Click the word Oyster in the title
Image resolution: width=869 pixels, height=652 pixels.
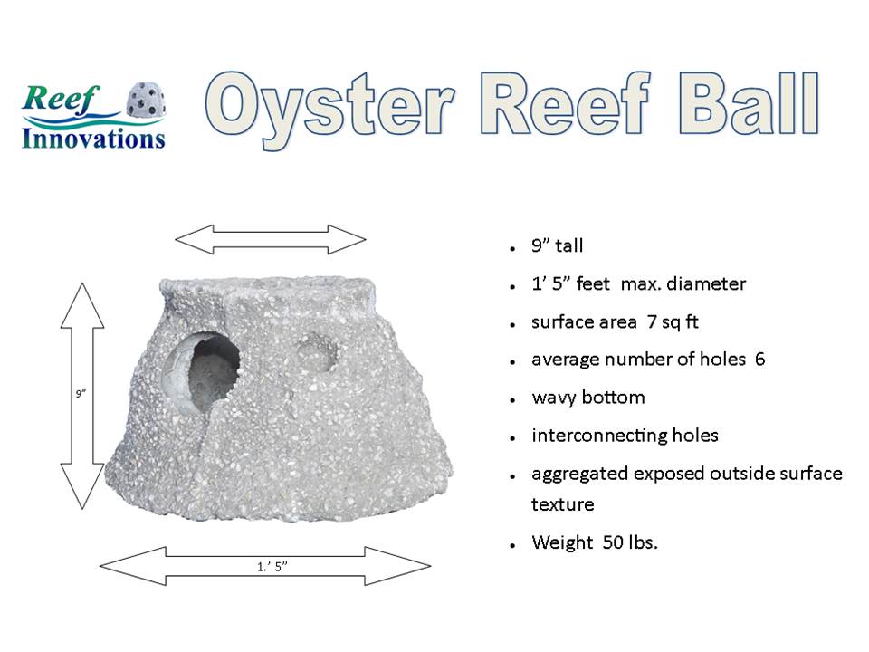point(330,109)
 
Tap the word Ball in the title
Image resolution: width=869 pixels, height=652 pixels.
point(750,104)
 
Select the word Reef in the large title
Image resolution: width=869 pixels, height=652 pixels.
point(565,103)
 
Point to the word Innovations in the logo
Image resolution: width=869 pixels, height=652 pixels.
point(93,139)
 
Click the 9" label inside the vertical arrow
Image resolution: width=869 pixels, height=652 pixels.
point(81,394)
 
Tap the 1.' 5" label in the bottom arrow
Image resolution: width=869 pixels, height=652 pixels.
point(272,567)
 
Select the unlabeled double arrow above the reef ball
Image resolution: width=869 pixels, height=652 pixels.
point(271,239)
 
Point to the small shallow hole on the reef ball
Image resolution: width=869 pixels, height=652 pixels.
point(317,352)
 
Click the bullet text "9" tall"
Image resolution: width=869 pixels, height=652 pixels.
point(557,245)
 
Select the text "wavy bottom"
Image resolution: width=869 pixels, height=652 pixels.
point(588,398)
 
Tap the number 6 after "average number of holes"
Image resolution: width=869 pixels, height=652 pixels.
point(759,360)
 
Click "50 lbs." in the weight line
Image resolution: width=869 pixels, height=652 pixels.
point(630,542)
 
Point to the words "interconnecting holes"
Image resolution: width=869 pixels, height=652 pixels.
point(625,436)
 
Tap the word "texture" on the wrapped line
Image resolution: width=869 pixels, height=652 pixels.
point(562,504)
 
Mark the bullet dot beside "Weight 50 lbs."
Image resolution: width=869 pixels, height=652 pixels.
point(513,546)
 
